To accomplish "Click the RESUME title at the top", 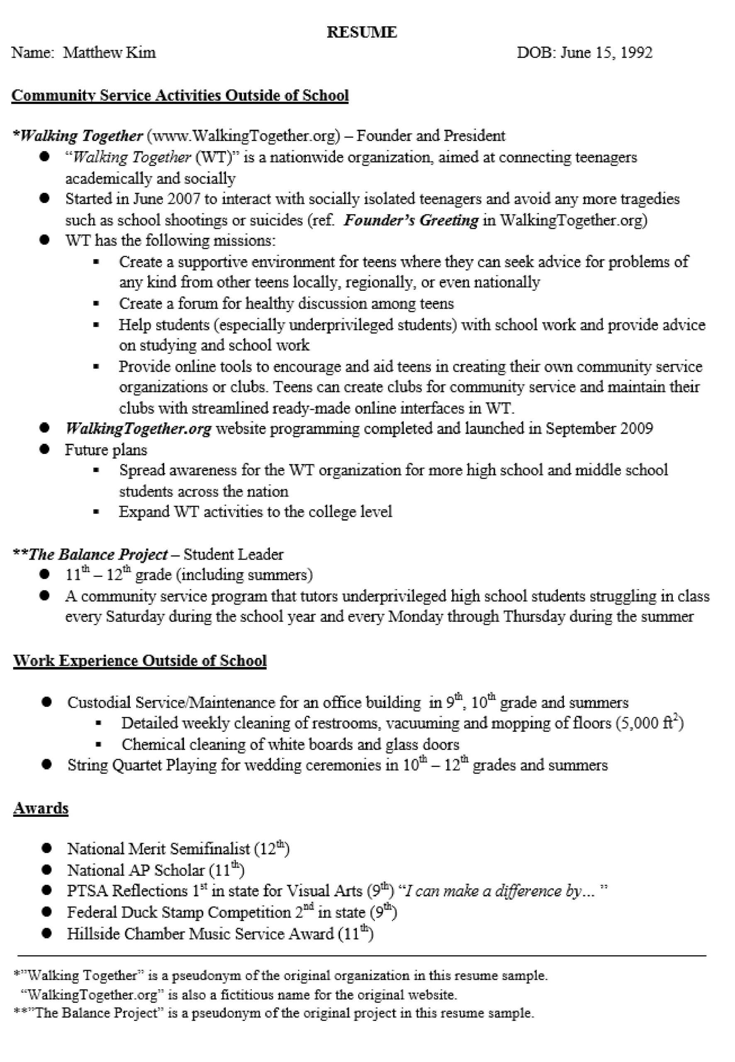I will [362, 32].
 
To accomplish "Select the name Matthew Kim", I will [109, 53].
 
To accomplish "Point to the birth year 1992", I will [636, 53].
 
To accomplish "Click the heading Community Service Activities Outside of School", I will [180, 95].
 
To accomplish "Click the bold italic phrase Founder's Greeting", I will [411, 220].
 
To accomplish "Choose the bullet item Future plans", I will [106, 450].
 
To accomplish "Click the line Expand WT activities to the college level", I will [256, 512].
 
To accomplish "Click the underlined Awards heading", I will [41, 808].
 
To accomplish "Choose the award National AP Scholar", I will [136, 870].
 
